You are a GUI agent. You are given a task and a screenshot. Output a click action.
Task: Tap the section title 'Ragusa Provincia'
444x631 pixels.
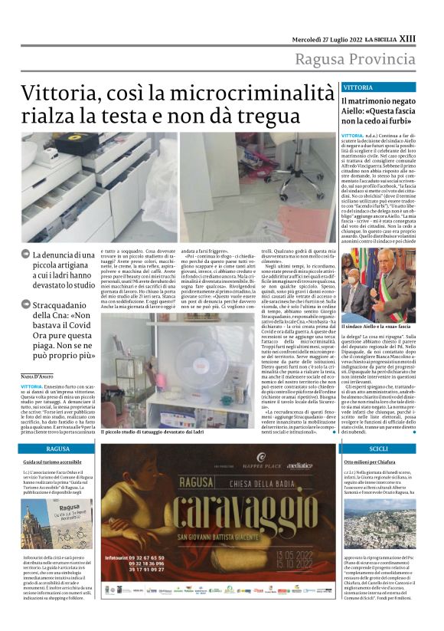[x=364, y=60]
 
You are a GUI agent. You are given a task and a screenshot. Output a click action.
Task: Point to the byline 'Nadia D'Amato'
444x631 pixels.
[x=38, y=376]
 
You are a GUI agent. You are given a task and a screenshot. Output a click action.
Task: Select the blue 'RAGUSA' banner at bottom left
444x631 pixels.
[x=58, y=448]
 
